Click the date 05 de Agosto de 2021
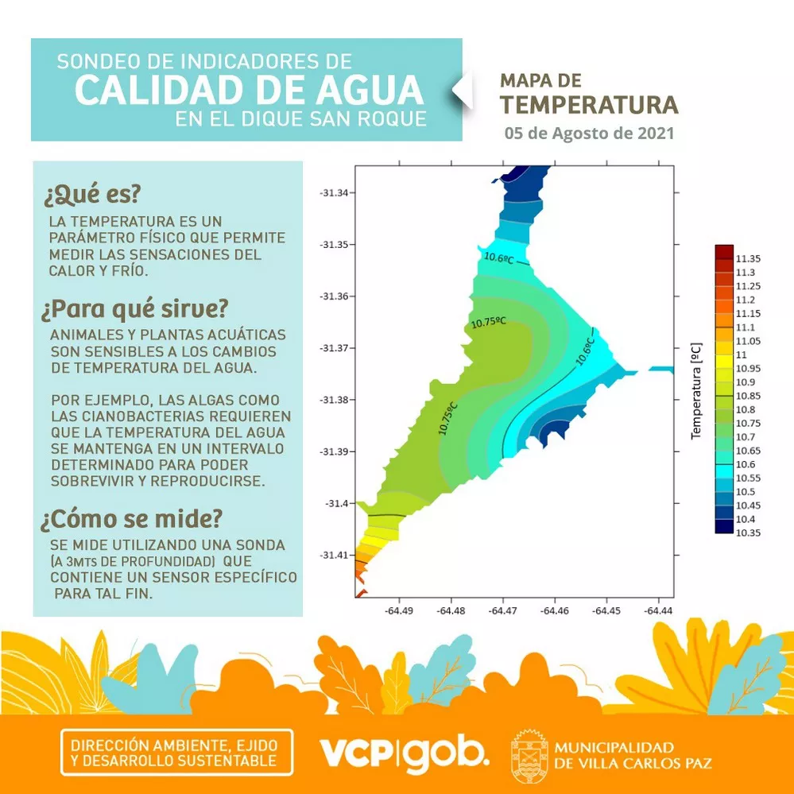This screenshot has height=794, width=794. click(x=589, y=133)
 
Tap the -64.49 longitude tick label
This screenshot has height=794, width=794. click(x=398, y=610)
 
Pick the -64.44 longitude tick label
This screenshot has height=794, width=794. click(x=657, y=610)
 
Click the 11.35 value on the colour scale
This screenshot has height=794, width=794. click(x=749, y=258)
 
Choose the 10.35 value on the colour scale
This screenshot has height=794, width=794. click(x=749, y=533)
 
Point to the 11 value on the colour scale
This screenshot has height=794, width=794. click(x=742, y=354)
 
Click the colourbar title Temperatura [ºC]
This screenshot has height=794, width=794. click(x=696, y=391)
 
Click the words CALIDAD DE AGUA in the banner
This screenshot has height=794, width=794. click(x=249, y=90)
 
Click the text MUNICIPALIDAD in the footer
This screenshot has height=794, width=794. click(x=614, y=747)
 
